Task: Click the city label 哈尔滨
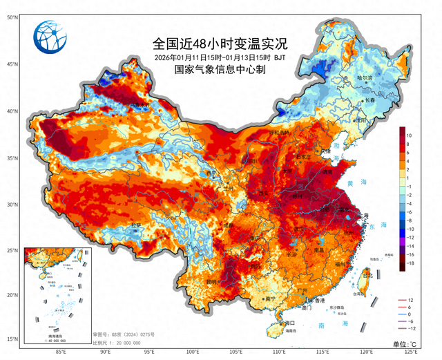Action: [373, 78]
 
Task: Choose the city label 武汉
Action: [299, 228]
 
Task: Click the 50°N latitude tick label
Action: [12, 16]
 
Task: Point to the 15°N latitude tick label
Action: [12, 339]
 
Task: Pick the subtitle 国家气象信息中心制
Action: [220, 69]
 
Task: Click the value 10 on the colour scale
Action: [410, 135]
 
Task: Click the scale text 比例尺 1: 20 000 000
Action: [121, 342]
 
